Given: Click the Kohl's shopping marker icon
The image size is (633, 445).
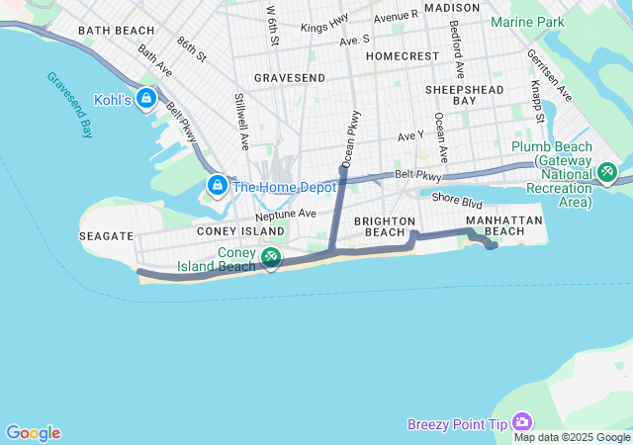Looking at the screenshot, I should click(x=146, y=98).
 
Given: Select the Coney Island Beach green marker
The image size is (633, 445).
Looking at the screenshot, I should click(x=269, y=258).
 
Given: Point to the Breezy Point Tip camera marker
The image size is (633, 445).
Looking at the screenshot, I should click(x=522, y=423).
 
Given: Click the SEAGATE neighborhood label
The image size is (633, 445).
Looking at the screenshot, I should click(x=106, y=236).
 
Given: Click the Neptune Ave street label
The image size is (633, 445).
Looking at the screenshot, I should click(x=285, y=214).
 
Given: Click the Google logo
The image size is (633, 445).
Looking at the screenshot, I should click(x=33, y=433).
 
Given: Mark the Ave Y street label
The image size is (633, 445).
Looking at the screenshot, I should click(x=410, y=134).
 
